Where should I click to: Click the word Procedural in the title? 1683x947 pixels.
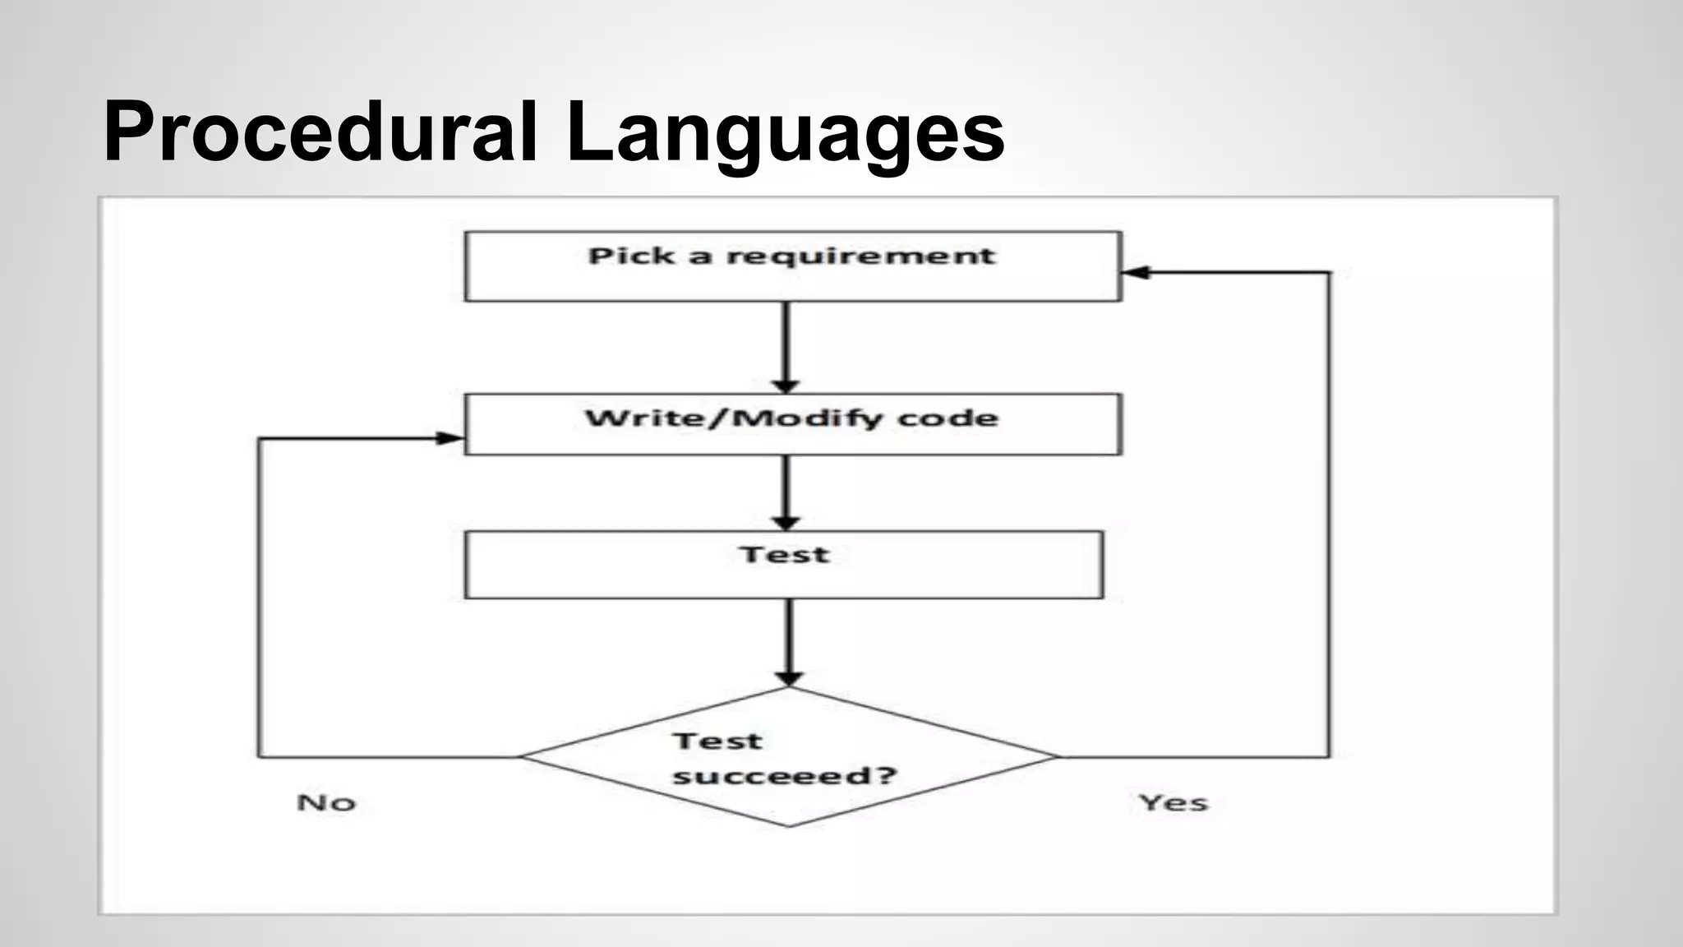(320, 132)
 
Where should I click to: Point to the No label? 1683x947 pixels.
(326, 802)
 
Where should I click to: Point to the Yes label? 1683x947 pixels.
(1173, 802)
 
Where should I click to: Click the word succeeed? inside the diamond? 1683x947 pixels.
(784, 775)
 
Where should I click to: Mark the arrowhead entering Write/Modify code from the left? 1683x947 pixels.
(450, 438)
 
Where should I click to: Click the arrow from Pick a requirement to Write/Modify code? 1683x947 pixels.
(786, 345)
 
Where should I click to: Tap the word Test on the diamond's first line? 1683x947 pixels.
(717, 741)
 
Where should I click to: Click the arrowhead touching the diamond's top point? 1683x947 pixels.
(789, 678)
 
